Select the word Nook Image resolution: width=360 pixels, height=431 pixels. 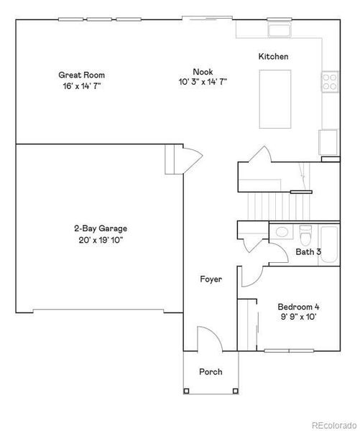point(202,70)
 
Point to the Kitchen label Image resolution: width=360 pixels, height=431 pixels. point(273,56)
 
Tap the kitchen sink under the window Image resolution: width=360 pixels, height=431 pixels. point(279,30)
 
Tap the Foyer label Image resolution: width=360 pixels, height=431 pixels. point(211,279)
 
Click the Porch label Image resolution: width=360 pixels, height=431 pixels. point(210,372)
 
